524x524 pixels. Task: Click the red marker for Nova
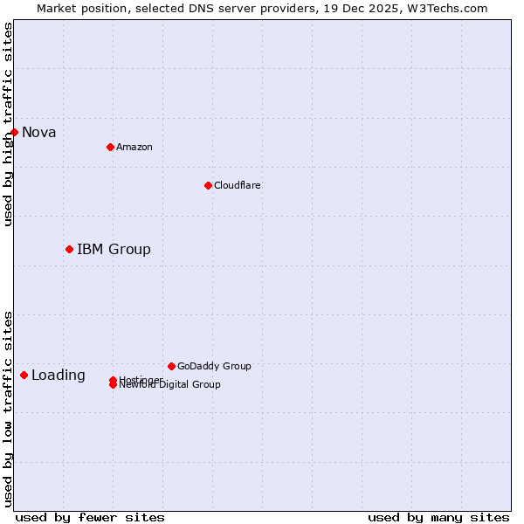coord(15,132)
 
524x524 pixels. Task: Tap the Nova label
coord(39,133)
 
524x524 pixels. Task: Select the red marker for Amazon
coord(110,147)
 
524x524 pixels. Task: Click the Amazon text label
coord(134,147)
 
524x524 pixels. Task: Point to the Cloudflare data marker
coord(208,185)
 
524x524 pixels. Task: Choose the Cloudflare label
coord(238,185)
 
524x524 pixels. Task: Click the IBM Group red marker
coord(69,250)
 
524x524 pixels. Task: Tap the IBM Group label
coord(114,250)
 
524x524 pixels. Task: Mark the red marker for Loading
coord(24,376)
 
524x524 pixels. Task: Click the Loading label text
coord(59,376)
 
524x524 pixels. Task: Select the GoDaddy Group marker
coord(171,366)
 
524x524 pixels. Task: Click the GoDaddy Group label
coord(214,366)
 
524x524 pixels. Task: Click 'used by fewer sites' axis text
coord(90,517)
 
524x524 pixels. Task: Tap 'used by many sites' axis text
coord(438,517)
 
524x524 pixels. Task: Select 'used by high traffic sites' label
coord(8,124)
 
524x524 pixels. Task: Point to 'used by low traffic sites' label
coord(8,409)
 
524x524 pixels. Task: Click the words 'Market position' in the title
coord(78,8)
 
